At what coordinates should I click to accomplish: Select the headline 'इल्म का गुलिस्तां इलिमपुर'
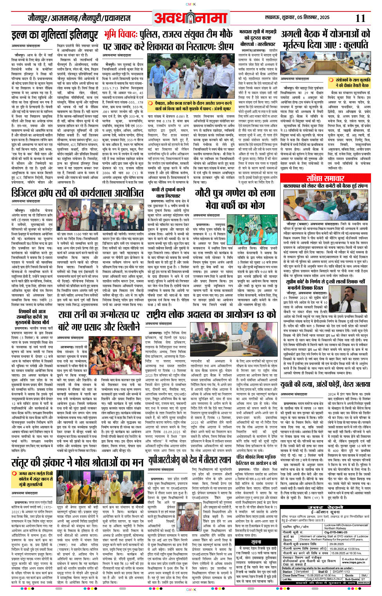[55, 36]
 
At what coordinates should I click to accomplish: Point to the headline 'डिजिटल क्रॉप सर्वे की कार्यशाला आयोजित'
[78, 193]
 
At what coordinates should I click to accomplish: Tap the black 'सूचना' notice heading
[256, 542]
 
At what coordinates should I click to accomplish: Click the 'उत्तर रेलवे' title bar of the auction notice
[325, 508]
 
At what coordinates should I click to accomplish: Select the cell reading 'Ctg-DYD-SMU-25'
[336, 533]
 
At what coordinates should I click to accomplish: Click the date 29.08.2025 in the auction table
[337, 544]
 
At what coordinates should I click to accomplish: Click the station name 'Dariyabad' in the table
[302, 572]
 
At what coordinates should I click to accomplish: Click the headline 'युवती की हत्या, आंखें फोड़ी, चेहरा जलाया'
[325, 385]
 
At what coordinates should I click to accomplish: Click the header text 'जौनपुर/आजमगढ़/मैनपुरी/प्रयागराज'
[78, 18]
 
